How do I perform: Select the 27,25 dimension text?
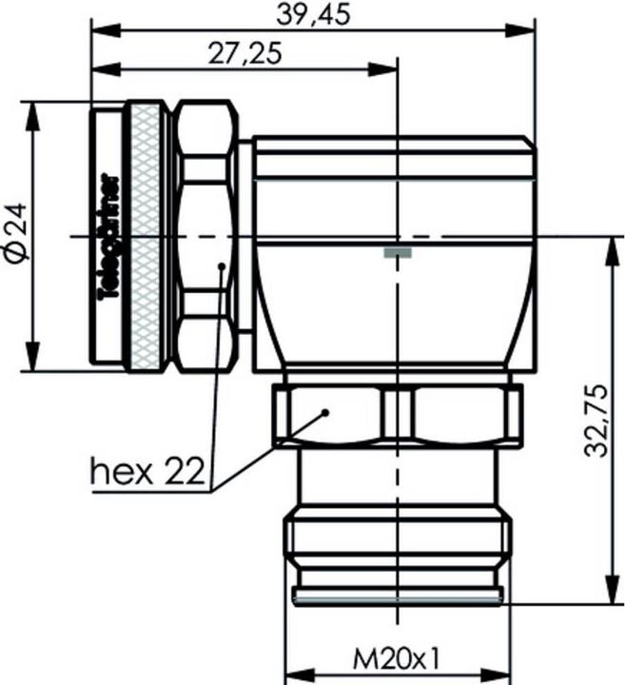click(243, 54)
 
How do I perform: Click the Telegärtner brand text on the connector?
click(108, 235)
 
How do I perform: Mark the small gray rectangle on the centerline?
click(398, 252)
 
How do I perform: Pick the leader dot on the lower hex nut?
click(325, 413)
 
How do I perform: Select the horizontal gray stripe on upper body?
click(394, 177)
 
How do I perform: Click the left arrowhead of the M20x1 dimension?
click(293, 671)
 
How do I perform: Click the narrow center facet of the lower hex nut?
click(396, 414)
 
